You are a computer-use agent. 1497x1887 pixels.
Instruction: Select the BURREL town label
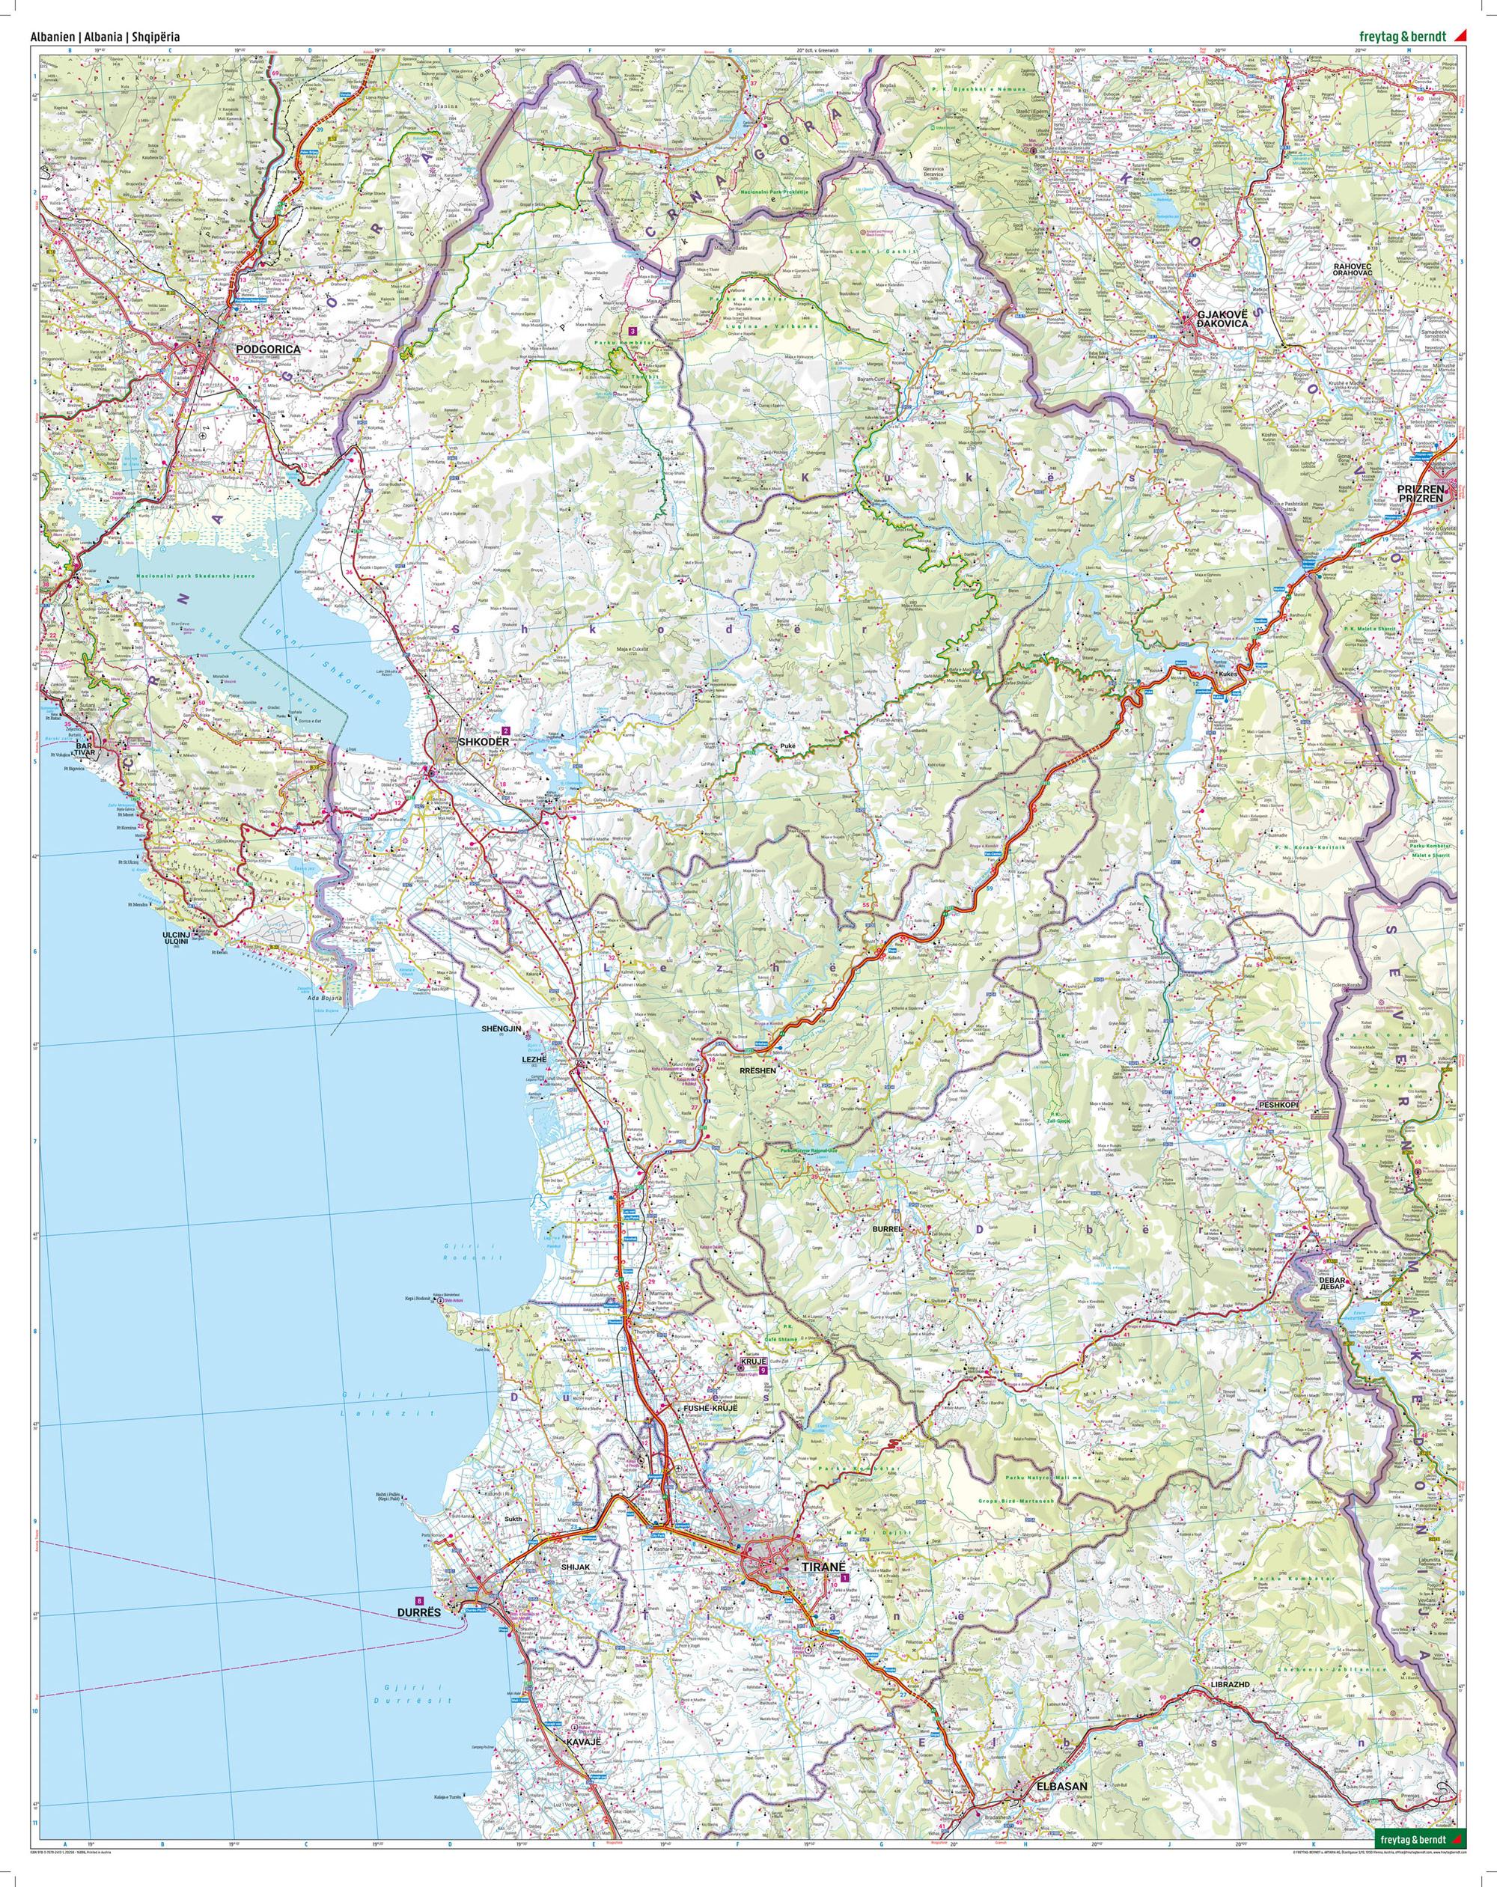tap(886, 1229)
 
